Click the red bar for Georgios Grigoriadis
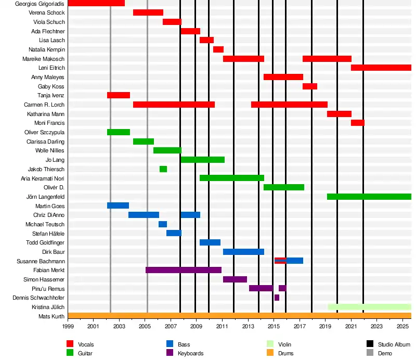(x=96, y=3)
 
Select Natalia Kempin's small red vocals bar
(x=218, y=49)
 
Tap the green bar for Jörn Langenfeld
(x=369, y=197)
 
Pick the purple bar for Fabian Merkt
(x=184, y=270)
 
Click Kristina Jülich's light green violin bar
(x=369, y=307)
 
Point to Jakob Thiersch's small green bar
(x=163, y=169)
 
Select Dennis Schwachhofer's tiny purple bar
(x=277, y=298)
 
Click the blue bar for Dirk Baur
(x=243, y=252)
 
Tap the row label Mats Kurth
(x=51, y=316)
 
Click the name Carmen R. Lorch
(x=44, y=105)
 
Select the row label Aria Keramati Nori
(x=43, y=178)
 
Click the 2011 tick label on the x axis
(x=222, y=327)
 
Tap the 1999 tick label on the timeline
(x=68, y=327)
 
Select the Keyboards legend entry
(x=190, y=353)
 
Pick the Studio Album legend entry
(x=394, y=344)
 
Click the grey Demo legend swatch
(x=370, y=353)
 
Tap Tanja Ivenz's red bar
(x=119, y=95)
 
